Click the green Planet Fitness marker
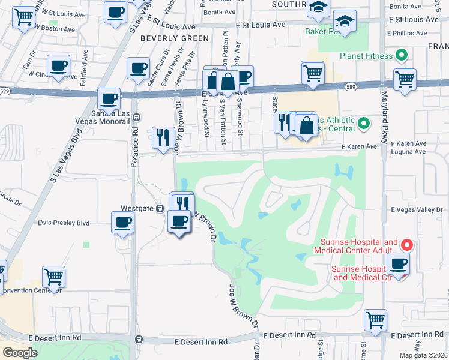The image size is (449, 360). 402,56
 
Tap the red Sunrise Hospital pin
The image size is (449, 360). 406,245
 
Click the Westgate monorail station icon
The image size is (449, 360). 160,208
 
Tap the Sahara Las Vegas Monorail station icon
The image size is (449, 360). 136,117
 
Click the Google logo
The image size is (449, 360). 20,352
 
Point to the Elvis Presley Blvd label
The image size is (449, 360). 64,223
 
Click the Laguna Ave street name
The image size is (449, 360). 408,152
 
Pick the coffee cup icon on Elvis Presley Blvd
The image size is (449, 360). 123,222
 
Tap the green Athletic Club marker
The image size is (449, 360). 363,124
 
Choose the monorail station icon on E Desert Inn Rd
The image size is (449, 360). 140,339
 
